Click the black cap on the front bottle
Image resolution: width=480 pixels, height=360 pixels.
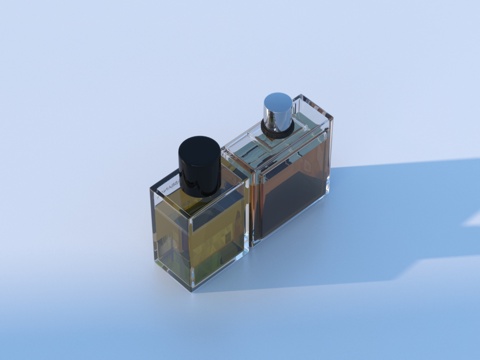point(199,165)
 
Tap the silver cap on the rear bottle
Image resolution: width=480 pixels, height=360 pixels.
point(278,112)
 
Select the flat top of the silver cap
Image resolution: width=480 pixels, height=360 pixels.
point(279,101)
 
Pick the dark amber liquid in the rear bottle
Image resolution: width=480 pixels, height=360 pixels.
point(290,200)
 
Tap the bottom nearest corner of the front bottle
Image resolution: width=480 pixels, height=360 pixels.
point(192,288)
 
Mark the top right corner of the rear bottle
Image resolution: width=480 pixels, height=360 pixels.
point(331,118)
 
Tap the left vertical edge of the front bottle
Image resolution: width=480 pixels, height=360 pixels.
point(153,225)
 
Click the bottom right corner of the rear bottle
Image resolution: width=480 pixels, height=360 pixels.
point(327,193)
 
